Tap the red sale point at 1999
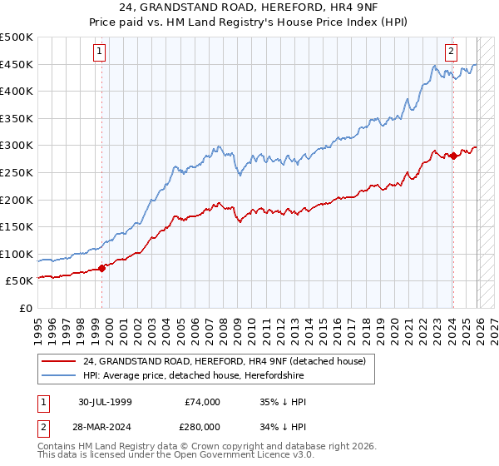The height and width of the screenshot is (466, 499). (x=102, y=268)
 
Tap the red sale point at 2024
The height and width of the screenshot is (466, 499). (x=453, y=156)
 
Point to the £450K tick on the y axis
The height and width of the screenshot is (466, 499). (x=17, y=64)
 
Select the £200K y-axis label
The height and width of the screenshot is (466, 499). (x=17, y=200)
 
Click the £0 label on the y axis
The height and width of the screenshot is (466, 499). (x=25, y=308)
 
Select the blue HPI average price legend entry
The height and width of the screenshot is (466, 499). (x=216, y=375)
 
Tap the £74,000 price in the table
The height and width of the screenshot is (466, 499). (x=202, y=402)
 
